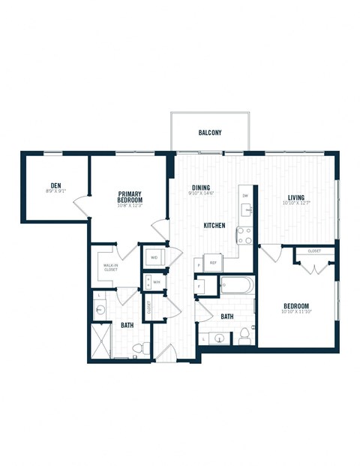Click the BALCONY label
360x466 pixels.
pos(210,133)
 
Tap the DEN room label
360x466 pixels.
pos(55,184)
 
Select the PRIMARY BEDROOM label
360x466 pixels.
pos(129,197)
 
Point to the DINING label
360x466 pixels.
pos(200,188)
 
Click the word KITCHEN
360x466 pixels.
pos(214,225)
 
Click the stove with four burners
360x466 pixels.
pos(244,236)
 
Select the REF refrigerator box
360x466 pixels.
pos(213,263)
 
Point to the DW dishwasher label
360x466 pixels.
pos(244,196)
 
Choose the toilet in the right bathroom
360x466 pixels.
pos(244,337)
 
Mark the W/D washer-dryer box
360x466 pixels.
pos(154,257)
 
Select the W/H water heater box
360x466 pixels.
pos(156,282)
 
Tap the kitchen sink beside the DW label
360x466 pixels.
pos(246,209)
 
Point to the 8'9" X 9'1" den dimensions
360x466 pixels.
pos(55,191)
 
